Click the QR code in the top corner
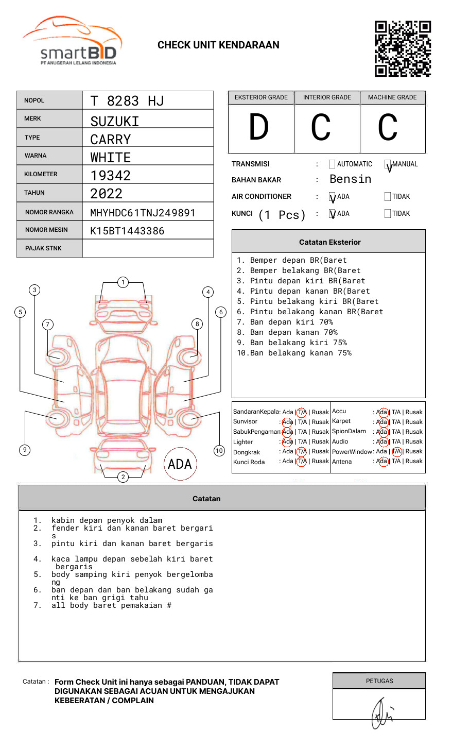coord(403,49)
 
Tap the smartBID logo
coord(73,40)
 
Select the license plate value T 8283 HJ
coord(127,101)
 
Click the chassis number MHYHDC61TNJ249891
coord(143,213)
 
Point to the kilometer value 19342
coord(110,176)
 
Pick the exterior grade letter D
coord(259,127)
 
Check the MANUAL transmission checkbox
coord(388,164)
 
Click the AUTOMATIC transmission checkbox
coord(332,164)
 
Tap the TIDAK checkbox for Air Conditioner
coord(388,196)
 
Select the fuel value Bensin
coord(350,179)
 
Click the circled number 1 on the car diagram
coord(123,282)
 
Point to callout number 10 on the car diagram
coord(219,450)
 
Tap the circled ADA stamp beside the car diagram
coord(180,464)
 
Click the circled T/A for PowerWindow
coord(396,452)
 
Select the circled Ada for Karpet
coord(383,422)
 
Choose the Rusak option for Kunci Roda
coord(320,461)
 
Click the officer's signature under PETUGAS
coord(382,713)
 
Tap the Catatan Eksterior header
coord(330,242)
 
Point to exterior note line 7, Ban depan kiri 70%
coord(285,322)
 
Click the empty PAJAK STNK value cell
coord(148,248)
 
